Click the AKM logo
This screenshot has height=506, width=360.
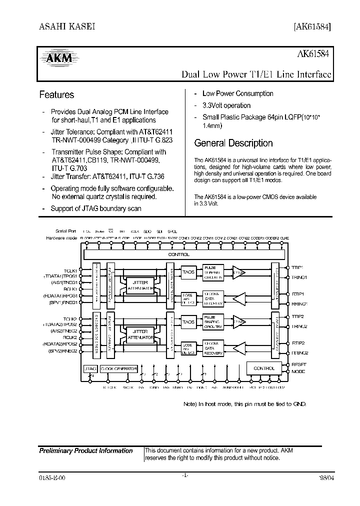point(59,59)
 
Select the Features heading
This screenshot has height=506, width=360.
point(56,94)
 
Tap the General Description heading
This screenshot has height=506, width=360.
point(233,143)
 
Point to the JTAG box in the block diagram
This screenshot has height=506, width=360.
point(90,368)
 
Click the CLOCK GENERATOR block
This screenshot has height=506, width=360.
point(118,368)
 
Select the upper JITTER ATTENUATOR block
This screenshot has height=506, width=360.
point(140,285)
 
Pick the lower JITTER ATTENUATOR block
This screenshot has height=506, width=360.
point(140,334)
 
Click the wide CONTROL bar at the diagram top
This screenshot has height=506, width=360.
point(179,254)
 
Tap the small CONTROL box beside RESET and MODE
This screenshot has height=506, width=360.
point(264,368)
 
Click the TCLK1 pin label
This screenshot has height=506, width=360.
point(70,270)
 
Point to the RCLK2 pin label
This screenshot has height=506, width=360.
point(70,338)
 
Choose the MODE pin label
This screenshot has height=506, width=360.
point(298,371)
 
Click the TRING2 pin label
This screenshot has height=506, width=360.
point(299,326)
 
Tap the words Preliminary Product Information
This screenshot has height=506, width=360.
point(86,451)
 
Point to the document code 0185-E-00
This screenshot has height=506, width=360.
point(51,477)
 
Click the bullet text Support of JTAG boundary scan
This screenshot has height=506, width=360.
point(96,208)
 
